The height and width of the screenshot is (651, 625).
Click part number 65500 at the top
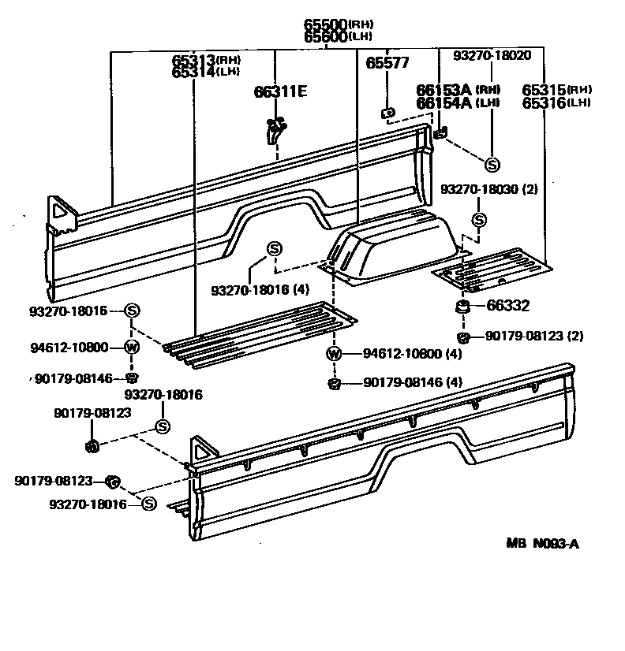(x=326, y=24)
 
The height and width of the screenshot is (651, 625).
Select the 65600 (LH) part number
(x=326, y=35)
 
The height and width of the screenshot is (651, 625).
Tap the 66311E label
(x=280, y=91)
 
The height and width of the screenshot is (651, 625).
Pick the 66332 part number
(x=507, y=306)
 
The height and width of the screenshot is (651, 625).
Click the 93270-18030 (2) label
(x=489, y=189)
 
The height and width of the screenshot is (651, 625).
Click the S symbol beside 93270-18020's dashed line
(x=492, y=165)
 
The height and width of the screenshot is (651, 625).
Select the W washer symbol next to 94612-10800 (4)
(x=334, y=353)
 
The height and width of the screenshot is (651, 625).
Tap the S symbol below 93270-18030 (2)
(x=479, y=219)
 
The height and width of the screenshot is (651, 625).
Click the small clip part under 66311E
(x=275, y=130)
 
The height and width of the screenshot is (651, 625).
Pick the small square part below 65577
(x=387, y=113)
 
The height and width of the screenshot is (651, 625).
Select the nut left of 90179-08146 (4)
(x=334, y=384)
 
